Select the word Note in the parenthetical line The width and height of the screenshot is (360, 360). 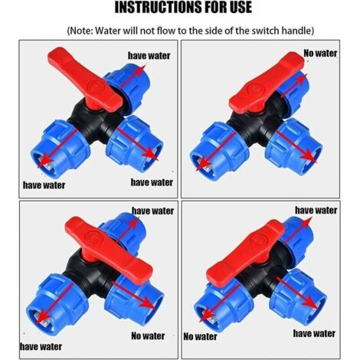[x=88, y=31]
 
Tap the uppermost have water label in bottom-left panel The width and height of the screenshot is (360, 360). [x=152, y=210]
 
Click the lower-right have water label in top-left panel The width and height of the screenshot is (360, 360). [x=151, y=182]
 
